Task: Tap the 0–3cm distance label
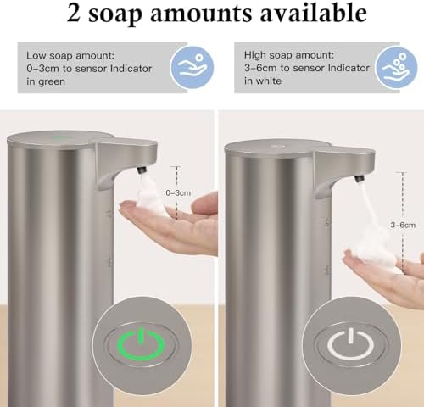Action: click(178, 193)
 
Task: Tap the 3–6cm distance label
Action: click(402, 225)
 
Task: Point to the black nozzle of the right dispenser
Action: click(358, 178)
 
